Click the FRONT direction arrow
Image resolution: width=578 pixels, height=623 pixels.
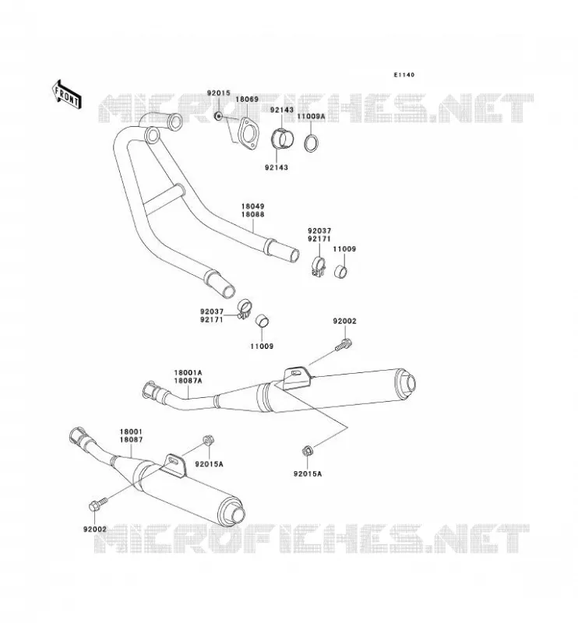67,95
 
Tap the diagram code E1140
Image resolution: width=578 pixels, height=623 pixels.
404,75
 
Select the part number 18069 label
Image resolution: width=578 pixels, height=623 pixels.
247,100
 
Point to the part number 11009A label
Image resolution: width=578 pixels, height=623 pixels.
312,116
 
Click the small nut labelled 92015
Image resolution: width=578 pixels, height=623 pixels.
217,116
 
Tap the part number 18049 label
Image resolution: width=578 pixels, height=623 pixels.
252,206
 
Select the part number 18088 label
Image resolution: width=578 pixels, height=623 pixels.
252,215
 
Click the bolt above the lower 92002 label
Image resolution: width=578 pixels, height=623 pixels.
97,504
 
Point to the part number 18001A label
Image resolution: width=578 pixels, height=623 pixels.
188,373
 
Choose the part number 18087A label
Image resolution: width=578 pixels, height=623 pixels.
188,381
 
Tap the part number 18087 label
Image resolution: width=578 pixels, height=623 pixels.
131,440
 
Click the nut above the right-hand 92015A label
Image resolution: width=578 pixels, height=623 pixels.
307,451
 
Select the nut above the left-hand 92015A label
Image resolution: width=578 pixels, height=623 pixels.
208,440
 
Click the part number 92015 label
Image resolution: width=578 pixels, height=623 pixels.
218,93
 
